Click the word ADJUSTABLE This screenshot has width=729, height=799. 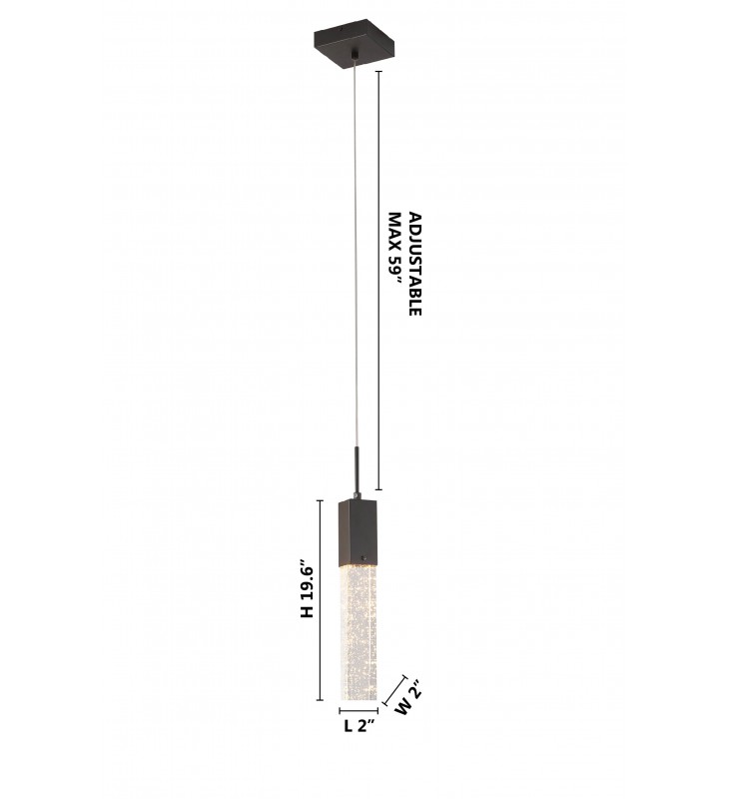pos(415,264)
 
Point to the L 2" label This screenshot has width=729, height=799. pos(360,725)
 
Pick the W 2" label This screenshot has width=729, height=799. pos(409,697)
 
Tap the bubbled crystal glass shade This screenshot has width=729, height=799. pos(359,631)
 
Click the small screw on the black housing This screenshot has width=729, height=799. pos(364,556)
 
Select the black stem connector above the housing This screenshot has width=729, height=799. pos(358,471)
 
